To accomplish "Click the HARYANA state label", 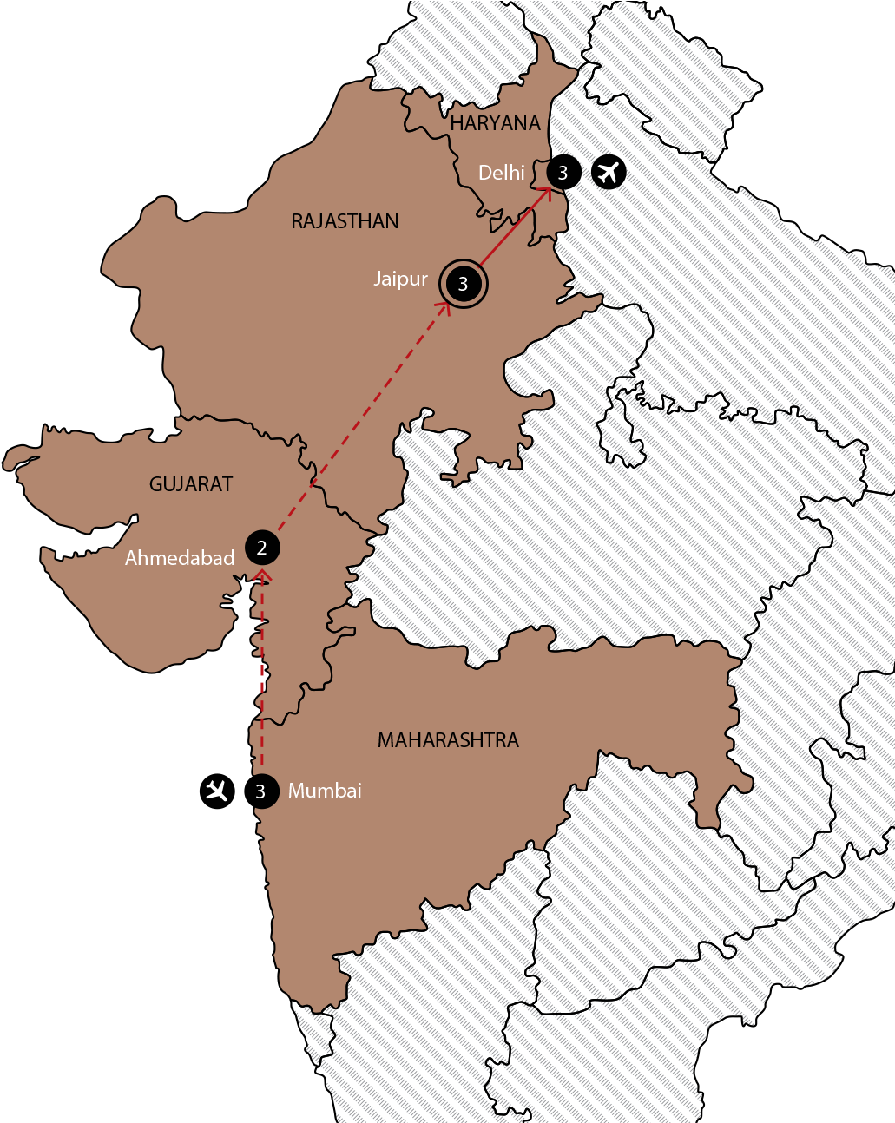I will coord(495,123).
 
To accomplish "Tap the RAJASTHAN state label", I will coord(345,221).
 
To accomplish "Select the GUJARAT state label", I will coord(191,484).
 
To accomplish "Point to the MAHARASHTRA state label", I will coord(448,740).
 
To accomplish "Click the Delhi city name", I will coord(502,173).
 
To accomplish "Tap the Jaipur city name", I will coord(401,279).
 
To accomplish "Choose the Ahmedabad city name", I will coord(180,558).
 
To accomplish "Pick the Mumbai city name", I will coord(325,791).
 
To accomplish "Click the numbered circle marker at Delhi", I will coord(563,173).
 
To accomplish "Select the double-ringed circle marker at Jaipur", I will coord(464,283).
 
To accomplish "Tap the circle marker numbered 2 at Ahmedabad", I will coord(262,548).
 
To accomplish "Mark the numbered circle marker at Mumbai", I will coord(260,791).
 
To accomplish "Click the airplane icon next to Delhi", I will coord(609,172).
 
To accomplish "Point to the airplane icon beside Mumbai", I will coord(216,791).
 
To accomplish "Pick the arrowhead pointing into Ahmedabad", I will coord(263,575).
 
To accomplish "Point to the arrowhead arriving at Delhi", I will coord(547,193).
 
